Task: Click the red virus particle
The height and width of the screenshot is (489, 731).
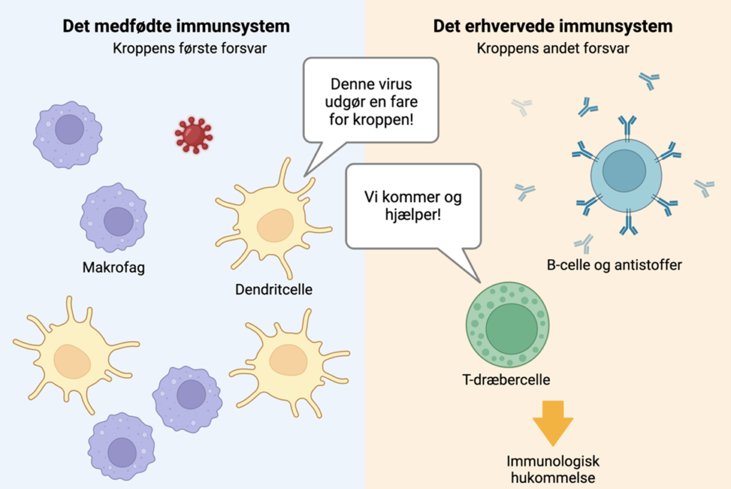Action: pos(193,135)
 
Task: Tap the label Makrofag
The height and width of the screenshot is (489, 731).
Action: pos(114,269)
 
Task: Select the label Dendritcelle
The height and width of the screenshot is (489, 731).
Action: pos(273,290)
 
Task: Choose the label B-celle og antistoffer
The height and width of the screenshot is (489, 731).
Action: pos(614,266)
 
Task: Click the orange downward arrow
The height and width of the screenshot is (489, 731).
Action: pos(553,423)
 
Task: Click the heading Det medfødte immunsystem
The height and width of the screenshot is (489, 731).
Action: pos(176,27)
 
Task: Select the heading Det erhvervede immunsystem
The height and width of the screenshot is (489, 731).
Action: pos(553,27)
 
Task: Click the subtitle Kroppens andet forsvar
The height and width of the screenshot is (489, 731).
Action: pos(553,49)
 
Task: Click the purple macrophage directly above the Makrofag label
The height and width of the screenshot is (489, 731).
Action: pos(114,218)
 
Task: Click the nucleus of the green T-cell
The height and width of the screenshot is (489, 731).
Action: pos(510,327)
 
